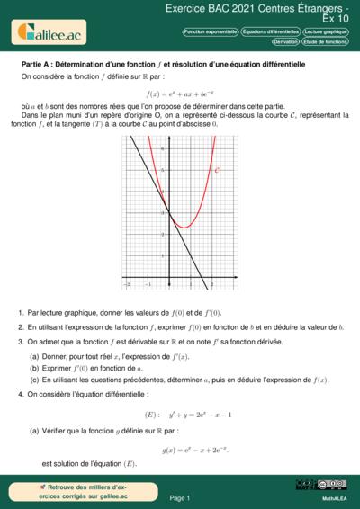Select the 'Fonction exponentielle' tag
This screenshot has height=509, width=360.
[210, 31]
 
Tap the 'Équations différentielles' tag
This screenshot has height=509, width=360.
[270, 31]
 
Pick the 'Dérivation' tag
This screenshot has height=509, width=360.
[285, 42]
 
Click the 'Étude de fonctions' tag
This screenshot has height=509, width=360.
[325, 42]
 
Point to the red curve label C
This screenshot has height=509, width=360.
[219, 169]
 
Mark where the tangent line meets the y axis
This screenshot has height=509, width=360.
[167, 212]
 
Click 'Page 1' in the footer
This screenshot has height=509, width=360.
[179, 497]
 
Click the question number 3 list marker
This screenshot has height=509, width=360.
[20, 342]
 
